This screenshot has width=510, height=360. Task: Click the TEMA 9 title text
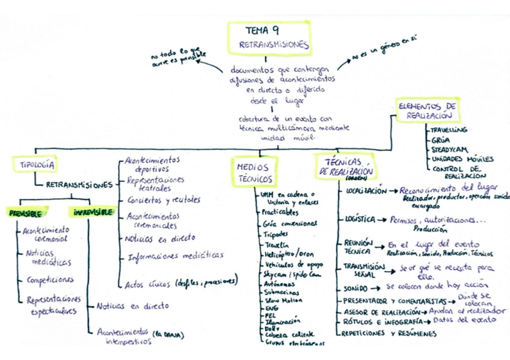tap(262, 30)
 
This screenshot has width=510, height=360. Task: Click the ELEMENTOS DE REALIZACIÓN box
tap(427, 110)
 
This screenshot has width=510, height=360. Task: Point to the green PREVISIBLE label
tap(25, 213)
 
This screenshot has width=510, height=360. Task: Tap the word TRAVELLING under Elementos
tap(449, 130)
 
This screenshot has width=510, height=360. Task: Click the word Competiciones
tap(50, 279)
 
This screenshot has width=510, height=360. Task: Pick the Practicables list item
tap(280, 212)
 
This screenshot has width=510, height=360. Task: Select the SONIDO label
tap(355, 288)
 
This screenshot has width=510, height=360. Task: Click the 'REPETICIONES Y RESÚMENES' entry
tap(388, 333)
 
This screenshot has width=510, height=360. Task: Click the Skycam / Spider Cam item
tap(289, 273)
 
